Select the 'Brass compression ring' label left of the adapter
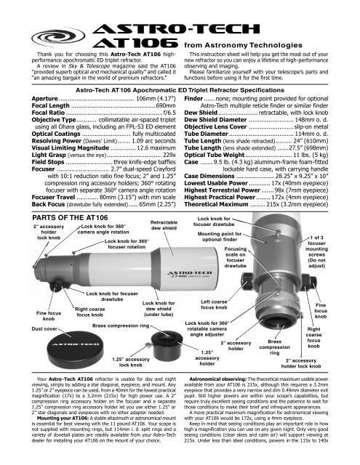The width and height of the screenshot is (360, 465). pos(111,326)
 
